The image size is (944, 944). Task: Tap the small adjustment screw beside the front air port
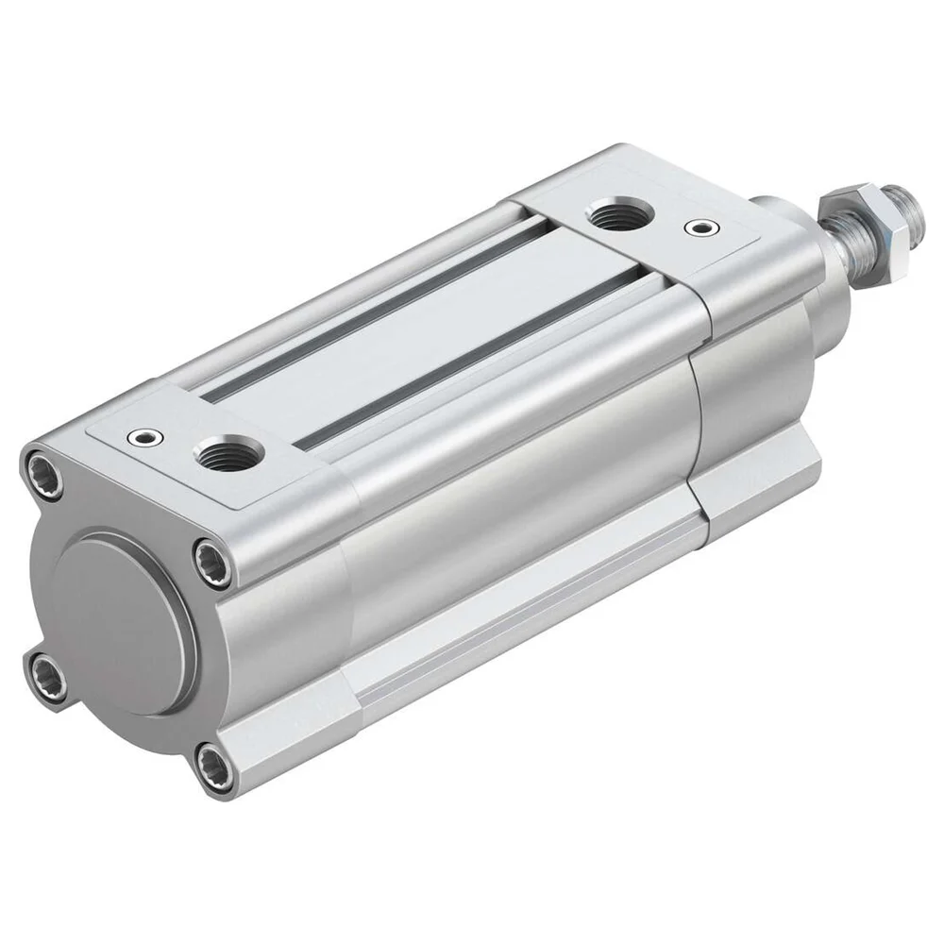[x=698, y=228]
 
